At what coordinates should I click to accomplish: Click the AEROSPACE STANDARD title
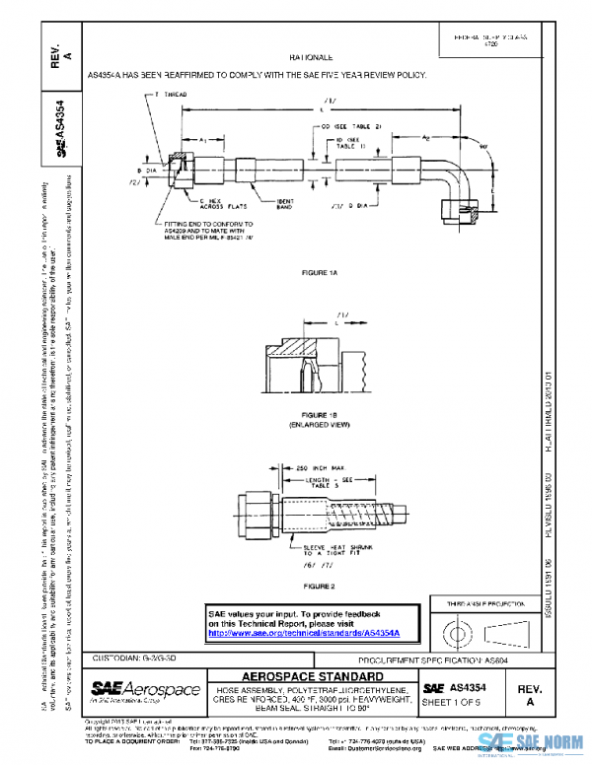311,676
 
